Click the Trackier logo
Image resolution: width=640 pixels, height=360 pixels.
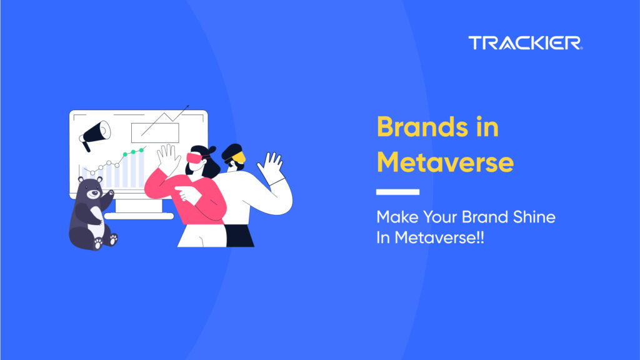click(525, 43)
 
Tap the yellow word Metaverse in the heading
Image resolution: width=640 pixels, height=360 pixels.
click(445, 162)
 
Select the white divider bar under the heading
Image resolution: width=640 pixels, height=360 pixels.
click(397, 192)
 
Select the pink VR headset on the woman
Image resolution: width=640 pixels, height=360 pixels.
click(195, 158)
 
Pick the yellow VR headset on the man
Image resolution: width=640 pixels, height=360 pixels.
click(239, 157)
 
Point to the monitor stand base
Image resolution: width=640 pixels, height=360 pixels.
click(139, 216)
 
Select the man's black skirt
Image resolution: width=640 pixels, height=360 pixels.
click(239, 236)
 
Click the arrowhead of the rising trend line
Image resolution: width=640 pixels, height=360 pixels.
click(187, 107)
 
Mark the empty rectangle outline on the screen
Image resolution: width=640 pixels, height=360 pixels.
click(155, 133)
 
